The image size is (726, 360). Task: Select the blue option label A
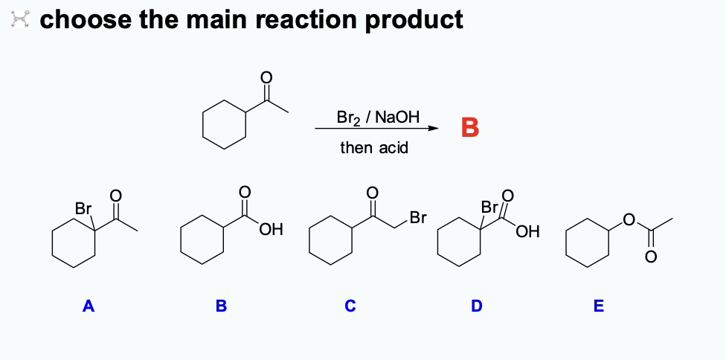[x=89, y=306]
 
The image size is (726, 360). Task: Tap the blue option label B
[x=221, y=306]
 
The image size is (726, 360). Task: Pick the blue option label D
[x=477, y=306]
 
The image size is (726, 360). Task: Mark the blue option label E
[x=600, y=306]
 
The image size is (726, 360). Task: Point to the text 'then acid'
[x=374, y=147]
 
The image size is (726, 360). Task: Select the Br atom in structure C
[x=418, y=219]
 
